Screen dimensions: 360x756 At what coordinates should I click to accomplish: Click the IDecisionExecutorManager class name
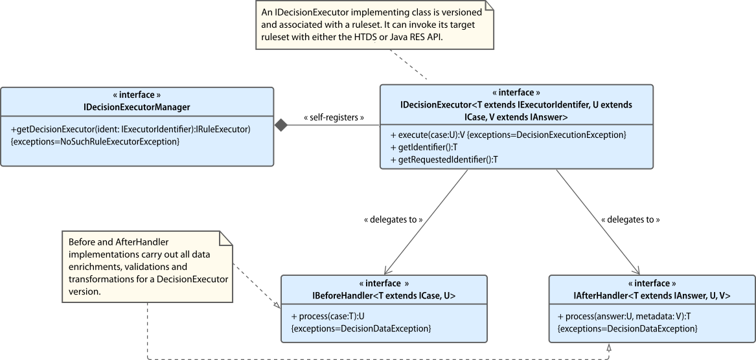[137, 106]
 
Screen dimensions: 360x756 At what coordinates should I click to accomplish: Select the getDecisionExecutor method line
[131, 129]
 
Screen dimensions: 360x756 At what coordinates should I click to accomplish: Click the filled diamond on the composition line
[281, 126]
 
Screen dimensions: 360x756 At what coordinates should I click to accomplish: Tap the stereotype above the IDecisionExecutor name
[516, 93]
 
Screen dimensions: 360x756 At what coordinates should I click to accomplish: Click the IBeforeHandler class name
[384, 296]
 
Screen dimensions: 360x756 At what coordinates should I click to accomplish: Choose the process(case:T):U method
[328, 317]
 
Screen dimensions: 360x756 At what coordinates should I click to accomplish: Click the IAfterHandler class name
[652, 296]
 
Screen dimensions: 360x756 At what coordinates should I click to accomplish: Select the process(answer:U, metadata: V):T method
[626, 317]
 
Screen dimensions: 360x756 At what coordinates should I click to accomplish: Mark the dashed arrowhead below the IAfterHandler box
[608, 347]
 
